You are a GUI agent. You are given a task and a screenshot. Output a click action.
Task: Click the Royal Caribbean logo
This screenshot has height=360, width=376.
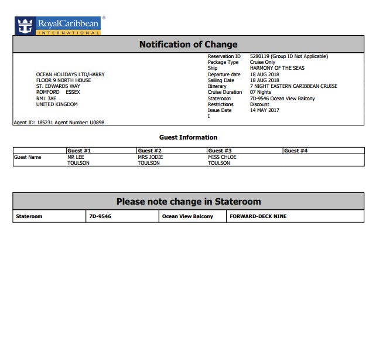57,25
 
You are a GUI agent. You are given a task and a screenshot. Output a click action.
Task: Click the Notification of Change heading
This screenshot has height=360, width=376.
188,45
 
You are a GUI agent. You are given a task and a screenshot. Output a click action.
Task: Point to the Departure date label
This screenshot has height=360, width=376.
224,74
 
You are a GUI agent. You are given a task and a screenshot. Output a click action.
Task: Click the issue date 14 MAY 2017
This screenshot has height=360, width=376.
265,110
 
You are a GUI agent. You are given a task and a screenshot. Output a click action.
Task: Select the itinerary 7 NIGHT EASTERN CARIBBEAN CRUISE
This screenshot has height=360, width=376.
293,86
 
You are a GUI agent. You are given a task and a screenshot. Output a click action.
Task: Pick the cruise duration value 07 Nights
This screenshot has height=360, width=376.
261,93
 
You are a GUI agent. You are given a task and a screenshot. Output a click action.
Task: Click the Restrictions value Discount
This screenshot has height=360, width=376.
259,104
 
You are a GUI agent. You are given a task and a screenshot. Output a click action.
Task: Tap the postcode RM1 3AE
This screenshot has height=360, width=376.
46,99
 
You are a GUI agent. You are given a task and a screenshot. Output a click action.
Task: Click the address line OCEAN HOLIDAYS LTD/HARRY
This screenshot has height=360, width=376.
70,74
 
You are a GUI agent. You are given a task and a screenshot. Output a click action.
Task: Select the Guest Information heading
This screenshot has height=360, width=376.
188,137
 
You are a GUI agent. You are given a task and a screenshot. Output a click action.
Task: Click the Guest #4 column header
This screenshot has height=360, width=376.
296,151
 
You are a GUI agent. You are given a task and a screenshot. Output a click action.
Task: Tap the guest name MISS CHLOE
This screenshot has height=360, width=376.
222,157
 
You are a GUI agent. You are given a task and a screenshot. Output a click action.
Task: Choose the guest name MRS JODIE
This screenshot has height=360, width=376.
151,157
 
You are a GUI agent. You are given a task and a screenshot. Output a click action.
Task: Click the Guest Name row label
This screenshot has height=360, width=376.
28,157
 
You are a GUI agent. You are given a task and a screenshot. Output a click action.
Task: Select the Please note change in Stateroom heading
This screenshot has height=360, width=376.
188,202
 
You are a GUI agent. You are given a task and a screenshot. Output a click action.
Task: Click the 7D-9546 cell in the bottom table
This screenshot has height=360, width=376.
100,216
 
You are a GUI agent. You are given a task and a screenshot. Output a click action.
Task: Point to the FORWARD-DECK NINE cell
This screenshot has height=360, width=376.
258,216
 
